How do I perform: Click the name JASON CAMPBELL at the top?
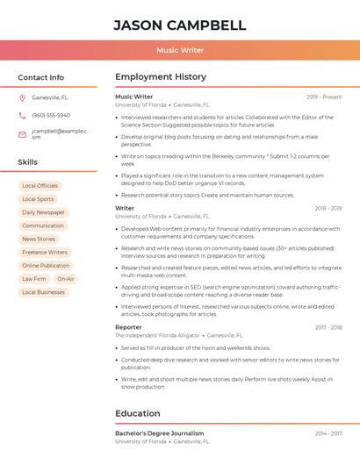click(x=180, y=25)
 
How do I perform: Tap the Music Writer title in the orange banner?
click(x=180, y=50)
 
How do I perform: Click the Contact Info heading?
click(x=40, y=77)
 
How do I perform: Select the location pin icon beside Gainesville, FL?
click(x=22, y=97)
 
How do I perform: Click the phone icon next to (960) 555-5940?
click(x=22, y=115)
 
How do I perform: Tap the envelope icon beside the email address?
click(x=22, y=134)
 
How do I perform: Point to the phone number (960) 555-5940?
click(x=51, y=115)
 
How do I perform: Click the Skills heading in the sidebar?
click(x=27, y=162)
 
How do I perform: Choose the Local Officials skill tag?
click(x=40, y=186)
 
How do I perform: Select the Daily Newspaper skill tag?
click(x=43, y=212)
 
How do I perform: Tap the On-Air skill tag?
click(x=65, y=279)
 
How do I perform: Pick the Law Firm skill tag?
click(x=33, y=279)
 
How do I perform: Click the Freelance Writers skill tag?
click(x=44, y=253)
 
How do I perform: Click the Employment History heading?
click(x=161, y=77)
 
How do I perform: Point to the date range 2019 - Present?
click(x=324, y=97)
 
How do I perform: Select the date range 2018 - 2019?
click(x=328, y=209)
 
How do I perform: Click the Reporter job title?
click(x=128, y=327)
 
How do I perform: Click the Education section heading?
click(x=138, y=413)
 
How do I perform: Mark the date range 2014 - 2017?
click(x=328, y=433)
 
